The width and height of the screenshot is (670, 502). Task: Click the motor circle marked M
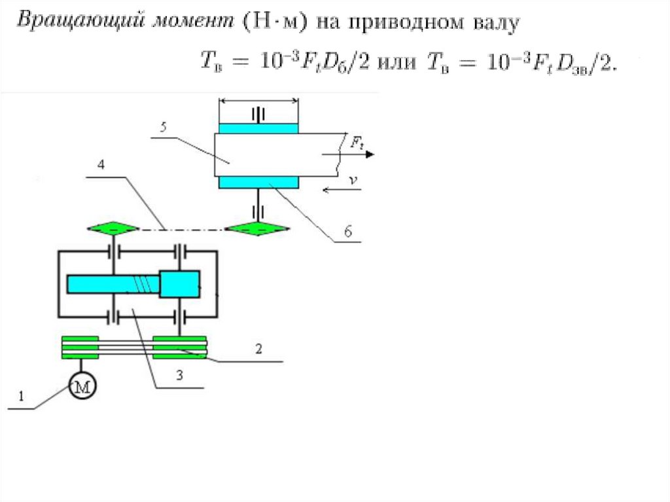pos(82,387)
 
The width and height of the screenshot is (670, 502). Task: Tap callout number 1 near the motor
pos(21,395)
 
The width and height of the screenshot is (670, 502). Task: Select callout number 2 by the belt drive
pos(258,349)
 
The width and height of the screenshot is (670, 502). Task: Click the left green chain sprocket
pos(113,228)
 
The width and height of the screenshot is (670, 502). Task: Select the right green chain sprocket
pos(256,228)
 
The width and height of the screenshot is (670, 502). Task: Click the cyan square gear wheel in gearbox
pos(179,284)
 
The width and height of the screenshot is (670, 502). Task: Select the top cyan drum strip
pos(258,128)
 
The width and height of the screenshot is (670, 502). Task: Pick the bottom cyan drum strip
pos(258,182)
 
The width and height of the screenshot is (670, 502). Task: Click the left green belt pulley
pos(80,348)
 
